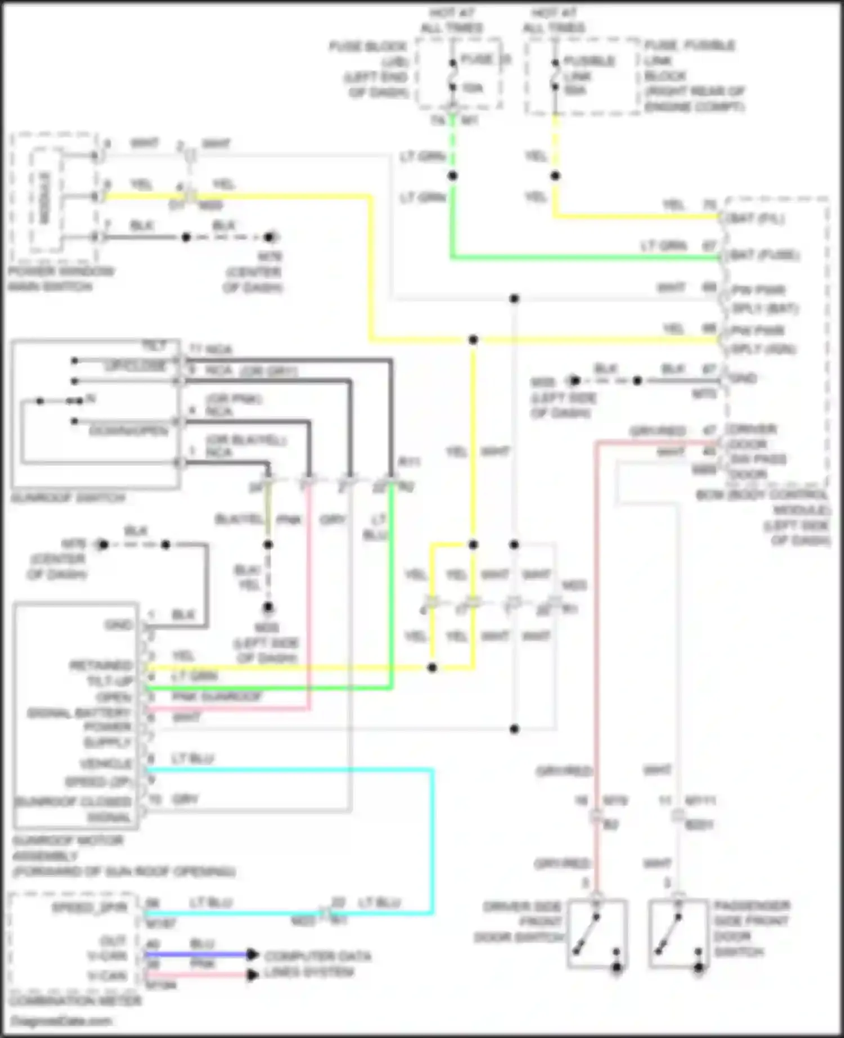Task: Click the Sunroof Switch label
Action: click(68, 498)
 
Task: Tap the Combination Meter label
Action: click(75, 1001)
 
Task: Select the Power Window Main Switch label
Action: click(60, 279)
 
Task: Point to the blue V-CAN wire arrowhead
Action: click(253, 954)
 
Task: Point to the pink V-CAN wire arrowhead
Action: click(253, 974)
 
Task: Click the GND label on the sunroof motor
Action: click(118, 625)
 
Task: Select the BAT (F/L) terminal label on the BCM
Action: click(756, 218)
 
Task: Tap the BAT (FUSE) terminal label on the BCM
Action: click(763, 255)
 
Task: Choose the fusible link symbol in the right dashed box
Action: click(555, 75)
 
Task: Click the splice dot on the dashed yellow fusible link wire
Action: click(555, 176)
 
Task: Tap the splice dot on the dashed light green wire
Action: click(452, 176)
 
